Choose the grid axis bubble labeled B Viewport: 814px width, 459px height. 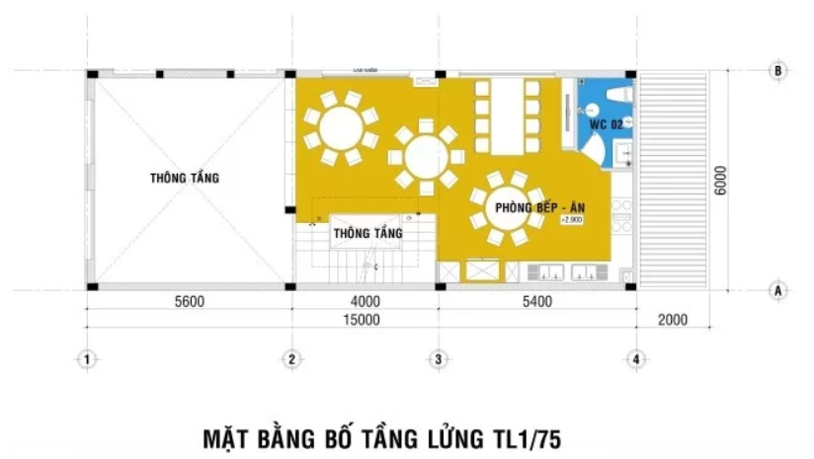click(778, 71)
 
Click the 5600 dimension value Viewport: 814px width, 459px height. click(188, 302)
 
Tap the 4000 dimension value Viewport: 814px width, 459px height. click(365, 302)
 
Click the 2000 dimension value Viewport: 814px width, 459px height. click(671, 320)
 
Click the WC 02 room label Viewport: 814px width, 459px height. click(606, 125)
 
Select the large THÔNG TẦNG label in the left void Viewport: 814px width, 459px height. click(185, 179)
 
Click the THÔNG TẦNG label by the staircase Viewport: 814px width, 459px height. click(367, 233)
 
